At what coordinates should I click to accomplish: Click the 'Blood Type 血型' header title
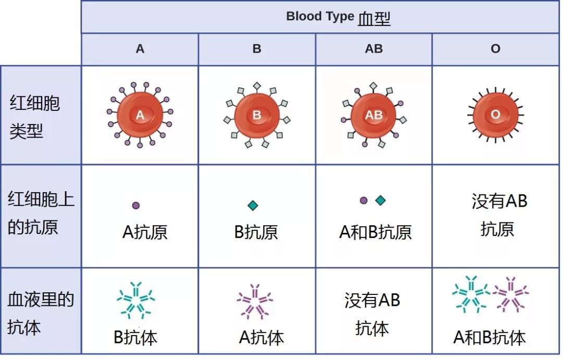pyautogui.click(x=338, y=17)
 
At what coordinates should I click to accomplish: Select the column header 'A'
pyautogui.click(x=140, y=49)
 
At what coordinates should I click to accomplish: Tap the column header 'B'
pyautogui.click(x=256, y=49)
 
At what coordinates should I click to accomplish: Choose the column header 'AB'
pyautogui.click(x=374, y=49)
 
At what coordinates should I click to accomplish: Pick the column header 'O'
pyautogui.click(x=496, y=49)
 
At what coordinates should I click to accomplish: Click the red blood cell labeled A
pyautogui.click(x=140, y=115)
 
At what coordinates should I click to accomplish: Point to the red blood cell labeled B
pyautogui.click(x=256, y=115)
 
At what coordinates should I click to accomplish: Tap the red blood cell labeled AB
pyautogui.click(x=373, y=115)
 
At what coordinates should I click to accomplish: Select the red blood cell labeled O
pyautogui.click(x=496, y=115)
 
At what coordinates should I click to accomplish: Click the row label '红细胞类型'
pyautogui.click(x=34, y=117)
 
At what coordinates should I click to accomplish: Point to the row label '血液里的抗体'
pyautogui.click(x=41, y=313)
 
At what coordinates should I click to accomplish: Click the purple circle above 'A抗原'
pyautogui.click(x=136, y=205)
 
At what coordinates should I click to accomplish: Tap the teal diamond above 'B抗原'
pyautogui.click(x=253, y=205)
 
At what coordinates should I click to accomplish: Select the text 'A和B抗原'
pyautogui.click(x=375, y=232)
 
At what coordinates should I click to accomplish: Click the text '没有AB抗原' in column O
pyautogui.click(x=499, y=215)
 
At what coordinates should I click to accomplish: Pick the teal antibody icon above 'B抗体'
pyautogui.click(x=136, y=301)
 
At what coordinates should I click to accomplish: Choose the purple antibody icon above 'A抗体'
pyautogui.click(x=254, y=302)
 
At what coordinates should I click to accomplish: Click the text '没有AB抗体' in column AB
pyautogui.click(x=372, y=314)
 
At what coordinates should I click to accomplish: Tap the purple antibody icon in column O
pyautogui.click(x=510, y=294)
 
